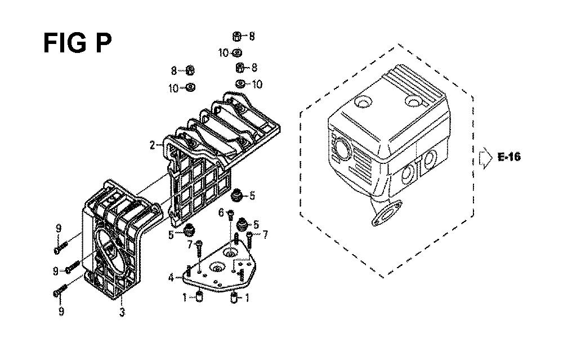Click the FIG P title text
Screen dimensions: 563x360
[x=78, y=43]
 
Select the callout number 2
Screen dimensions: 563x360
[x=153, y=145]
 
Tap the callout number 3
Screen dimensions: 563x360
[x=122, y=312]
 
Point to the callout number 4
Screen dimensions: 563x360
[x=171, y=277]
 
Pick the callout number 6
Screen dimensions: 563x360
[x=221, y=213]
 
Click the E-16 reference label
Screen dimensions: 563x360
[x=509, y=157]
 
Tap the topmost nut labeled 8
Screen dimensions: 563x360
[x=236, y=36]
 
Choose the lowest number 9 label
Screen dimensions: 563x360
[x=61, y=311]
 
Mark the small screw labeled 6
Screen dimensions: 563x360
[x=231, y=215]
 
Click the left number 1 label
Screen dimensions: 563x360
[x=185, y=297]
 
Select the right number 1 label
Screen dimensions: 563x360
[x=247, y=297]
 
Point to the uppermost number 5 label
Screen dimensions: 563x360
[x=252, y=196]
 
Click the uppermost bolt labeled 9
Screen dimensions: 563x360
[x=61, y=248]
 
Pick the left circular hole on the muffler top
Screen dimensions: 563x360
[x=363, y=103]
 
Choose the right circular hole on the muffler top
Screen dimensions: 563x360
[x=413, y=101]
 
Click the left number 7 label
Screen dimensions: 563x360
[x=190, y=245]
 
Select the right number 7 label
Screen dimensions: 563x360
[x=265, y=235]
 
